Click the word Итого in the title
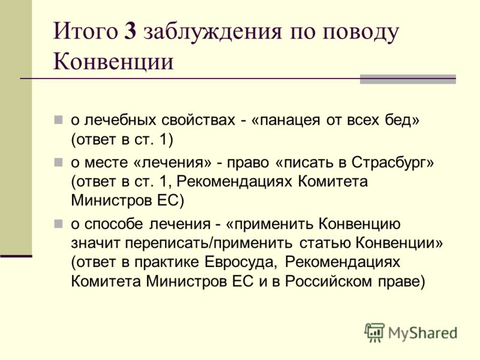tap(85, 31)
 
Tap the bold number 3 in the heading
tap(130, 31)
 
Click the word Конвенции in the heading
tap(113, 62)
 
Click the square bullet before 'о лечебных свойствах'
tap(58, 119)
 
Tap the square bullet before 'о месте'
tap(58, 163)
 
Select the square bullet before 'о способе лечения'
tap(58, 224)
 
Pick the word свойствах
tap(198, 120)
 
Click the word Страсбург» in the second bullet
tap(393, 163)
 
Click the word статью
tap(325, 244)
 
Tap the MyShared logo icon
tap(374, 332)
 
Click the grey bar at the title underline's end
tap(408, 79)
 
